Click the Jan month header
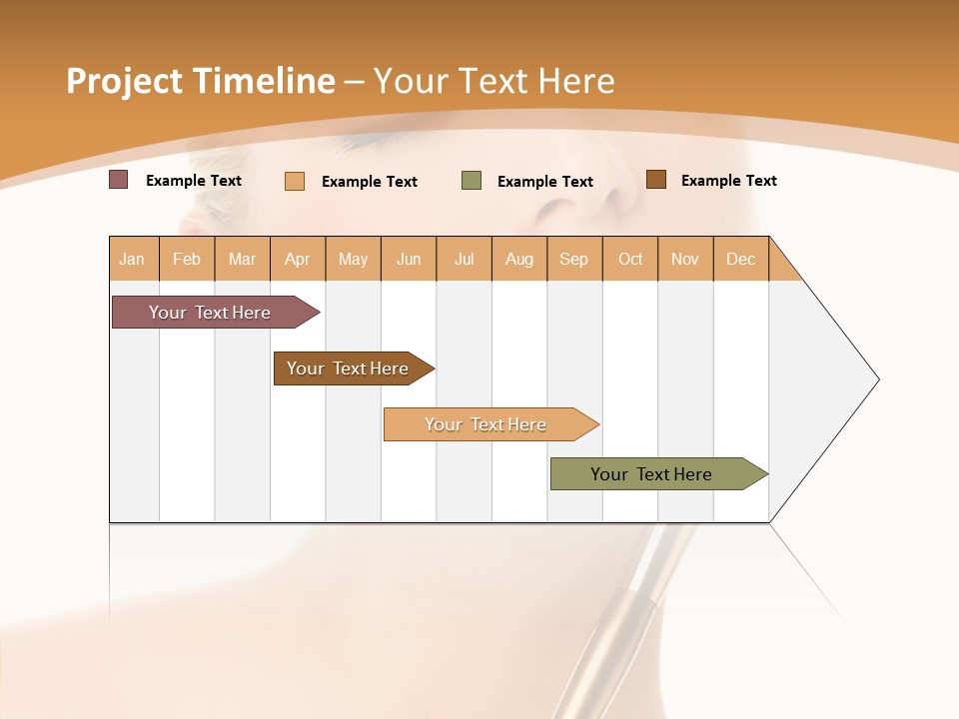133,259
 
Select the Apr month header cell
298,259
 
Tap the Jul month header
464,259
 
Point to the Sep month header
573,259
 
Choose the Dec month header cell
740,259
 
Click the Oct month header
630,259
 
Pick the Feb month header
187,259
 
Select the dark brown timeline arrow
350,368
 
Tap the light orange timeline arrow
487,424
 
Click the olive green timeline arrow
654,474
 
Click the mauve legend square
118,180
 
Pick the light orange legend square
294,181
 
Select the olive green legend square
471,181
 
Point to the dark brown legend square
655,180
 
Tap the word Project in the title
124,81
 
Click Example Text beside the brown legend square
728,181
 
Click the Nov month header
685,259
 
